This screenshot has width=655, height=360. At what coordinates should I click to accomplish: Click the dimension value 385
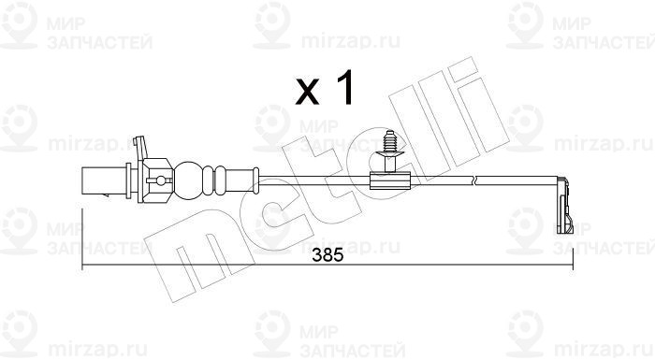327,255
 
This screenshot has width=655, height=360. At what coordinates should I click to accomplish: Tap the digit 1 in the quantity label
345,87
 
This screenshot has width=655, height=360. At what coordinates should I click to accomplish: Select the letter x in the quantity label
307,93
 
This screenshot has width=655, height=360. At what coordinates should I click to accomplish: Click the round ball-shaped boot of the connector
188,180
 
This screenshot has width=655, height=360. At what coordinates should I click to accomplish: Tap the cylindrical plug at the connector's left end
104,180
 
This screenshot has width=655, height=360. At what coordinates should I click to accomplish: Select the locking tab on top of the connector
140,147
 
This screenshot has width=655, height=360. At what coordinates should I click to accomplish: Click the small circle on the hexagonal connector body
160,180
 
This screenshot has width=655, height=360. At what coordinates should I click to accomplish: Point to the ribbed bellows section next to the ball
214,180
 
